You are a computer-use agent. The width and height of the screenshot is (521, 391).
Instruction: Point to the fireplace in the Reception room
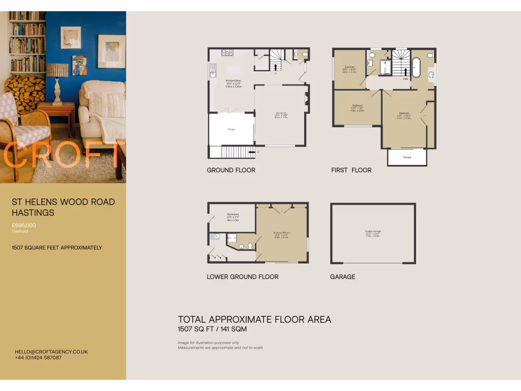[306, 100]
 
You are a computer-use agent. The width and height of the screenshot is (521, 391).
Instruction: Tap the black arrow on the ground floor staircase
[276, 66]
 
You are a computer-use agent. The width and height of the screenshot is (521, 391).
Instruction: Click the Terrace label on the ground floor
[231, 130]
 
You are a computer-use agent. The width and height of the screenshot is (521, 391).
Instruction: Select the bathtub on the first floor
[416, 68]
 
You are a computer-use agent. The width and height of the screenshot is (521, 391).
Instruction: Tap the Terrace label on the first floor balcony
[407, 157]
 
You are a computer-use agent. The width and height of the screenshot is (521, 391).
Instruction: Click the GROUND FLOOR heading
[231, 170]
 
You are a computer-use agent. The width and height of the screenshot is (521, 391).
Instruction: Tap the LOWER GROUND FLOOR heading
[243, 277]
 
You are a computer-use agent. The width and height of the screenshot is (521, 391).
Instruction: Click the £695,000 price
[24, 225]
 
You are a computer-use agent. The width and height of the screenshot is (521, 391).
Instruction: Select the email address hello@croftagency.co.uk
[51, 352]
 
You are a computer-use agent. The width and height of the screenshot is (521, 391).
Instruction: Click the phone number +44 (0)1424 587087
[38, 358]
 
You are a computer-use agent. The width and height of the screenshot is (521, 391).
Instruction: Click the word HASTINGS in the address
[33, 212]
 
